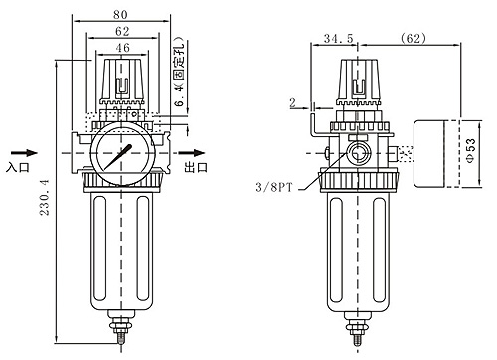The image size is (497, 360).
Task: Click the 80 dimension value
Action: click(120, 14)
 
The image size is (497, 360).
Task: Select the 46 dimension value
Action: click(122, 48)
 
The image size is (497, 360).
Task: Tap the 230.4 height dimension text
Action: click(44, 198)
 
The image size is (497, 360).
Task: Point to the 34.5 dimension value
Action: click(339, 38)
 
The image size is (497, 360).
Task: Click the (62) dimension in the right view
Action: click(413, 38)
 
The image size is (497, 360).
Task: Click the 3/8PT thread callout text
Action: click(274, 187)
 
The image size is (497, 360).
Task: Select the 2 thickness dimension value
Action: click(292, 103)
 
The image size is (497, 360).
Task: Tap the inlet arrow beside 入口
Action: click(24, 153)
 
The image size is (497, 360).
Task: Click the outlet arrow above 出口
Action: click(192, 153)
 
